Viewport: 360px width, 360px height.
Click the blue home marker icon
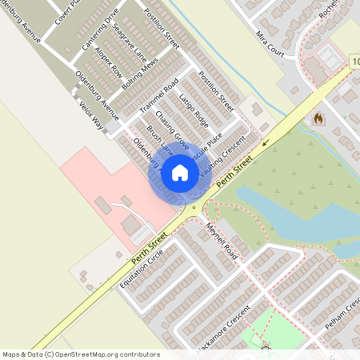pyautogui.click(x=180, y=173)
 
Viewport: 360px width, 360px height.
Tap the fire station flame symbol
pyautogui.click(x=318, y=119)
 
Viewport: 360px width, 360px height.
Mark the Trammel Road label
pyautogui.click(x=158, y=94)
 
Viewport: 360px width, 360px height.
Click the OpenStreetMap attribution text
pyautogui.click(x=81, y=354)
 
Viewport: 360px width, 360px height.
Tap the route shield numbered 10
pyautogui.click(x=354, y=60)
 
